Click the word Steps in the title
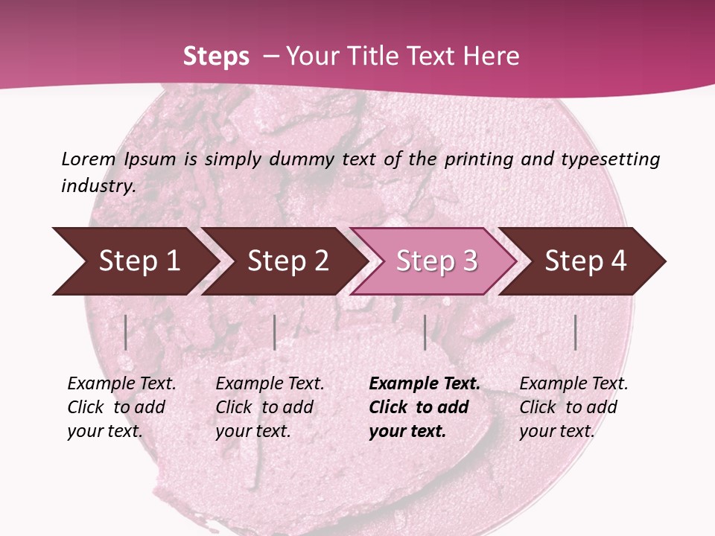coord(216,57)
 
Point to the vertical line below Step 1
coord(126,332)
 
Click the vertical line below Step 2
coord(275,332)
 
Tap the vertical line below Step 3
coord(425,332)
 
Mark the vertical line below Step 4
coord(576,332)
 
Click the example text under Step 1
coord(121,407)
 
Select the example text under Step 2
coord(270,407)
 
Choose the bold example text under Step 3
coord(424,407)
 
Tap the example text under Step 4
coord(573,407)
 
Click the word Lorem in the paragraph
coord(89,159)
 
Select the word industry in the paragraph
coord(98,185)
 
